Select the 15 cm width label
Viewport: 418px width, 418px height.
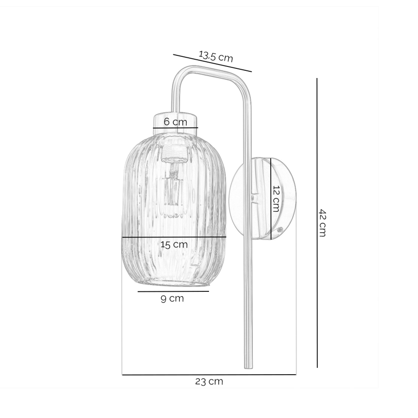[x=174, y=245]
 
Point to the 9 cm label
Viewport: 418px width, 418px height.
[x=172, y=299]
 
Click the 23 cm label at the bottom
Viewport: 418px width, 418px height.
[x=209, y=382]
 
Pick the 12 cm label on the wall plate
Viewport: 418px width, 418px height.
[x=275, y=198]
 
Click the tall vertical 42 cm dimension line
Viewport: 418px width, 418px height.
[x=317, y=270]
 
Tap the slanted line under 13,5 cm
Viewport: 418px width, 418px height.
[x=212, y=63]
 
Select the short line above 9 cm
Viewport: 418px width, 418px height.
[x=173, y=291]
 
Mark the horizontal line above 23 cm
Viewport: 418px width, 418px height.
[x=209, y=374]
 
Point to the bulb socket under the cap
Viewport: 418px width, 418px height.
[x=174, y=153]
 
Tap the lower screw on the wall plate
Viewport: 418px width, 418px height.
[x=278, y=230]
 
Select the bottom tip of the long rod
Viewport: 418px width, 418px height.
[x=248, y=367]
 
